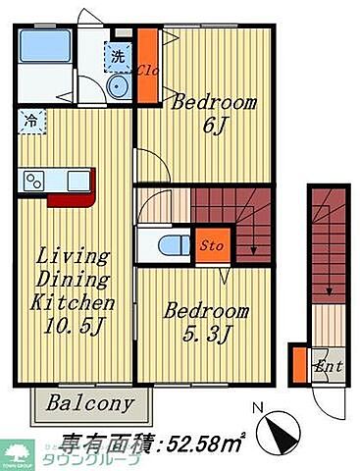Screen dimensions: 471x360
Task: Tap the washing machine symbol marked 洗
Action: point(118,58)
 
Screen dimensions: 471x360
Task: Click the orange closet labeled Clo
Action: point(147,68)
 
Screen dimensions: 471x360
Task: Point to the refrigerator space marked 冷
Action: point(30,123)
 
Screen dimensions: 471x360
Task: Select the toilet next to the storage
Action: point(167,244)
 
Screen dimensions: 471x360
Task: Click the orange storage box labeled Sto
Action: point(210,244)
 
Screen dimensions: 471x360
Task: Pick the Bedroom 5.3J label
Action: point(205,323)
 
